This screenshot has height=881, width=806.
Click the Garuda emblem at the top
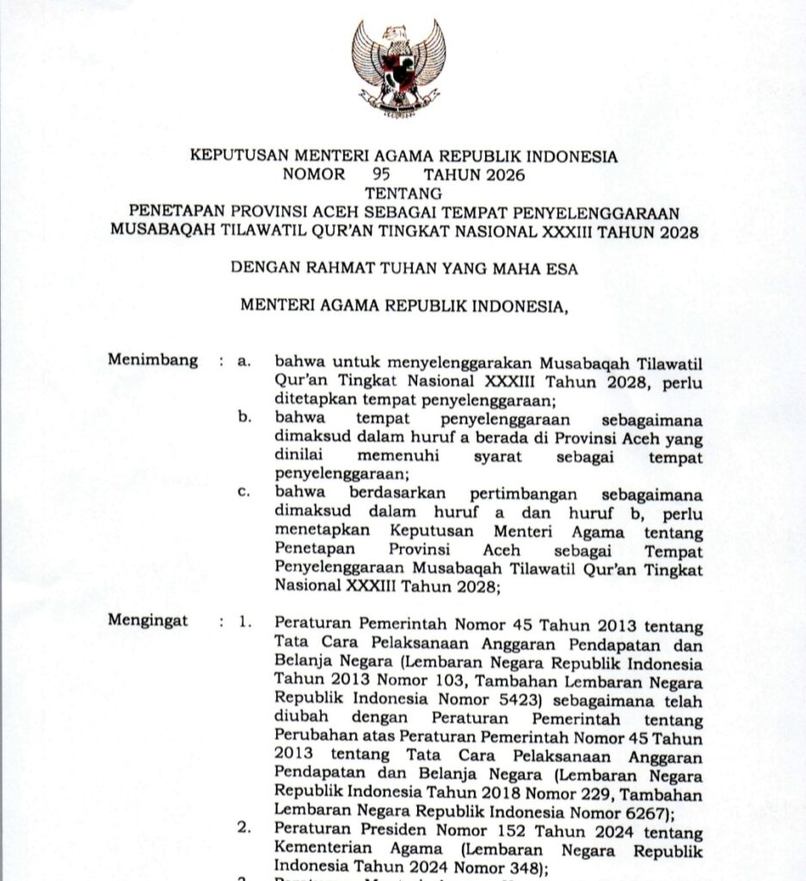[x=398, y=68]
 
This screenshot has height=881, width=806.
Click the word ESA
[x=562, y=268]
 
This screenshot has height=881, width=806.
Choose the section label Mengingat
[x=148, y=620]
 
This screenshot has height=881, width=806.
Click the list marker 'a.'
[x=245, y=361]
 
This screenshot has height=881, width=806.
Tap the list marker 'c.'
[x=245, y=492]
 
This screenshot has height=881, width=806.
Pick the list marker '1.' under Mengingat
[x=246, y=621]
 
